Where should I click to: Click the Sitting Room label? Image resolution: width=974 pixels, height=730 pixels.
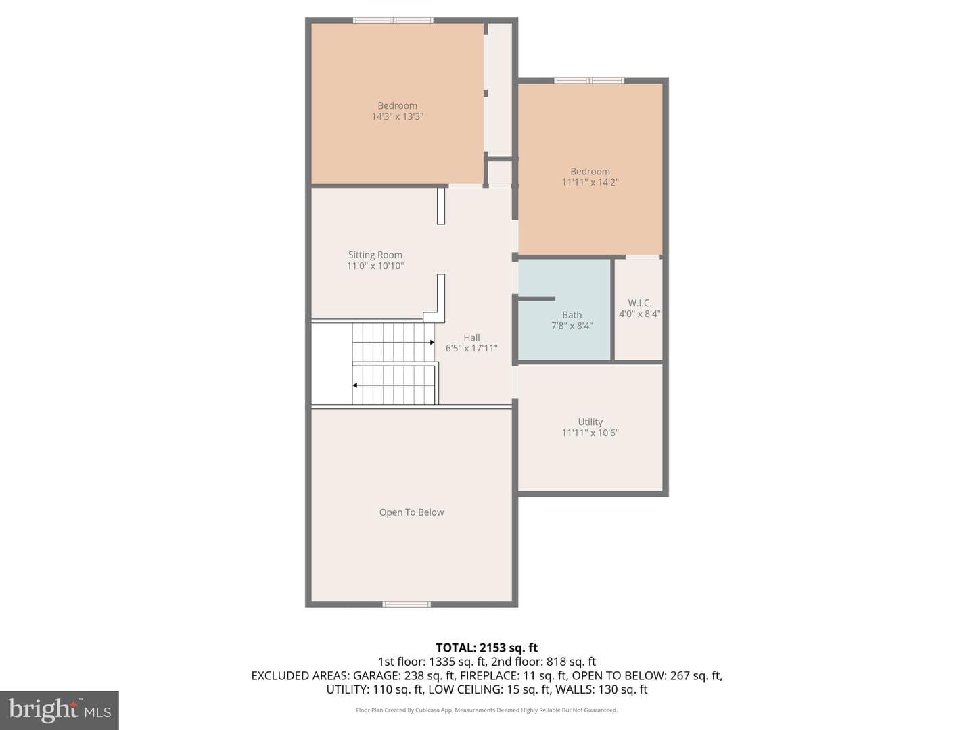tap(375, 255)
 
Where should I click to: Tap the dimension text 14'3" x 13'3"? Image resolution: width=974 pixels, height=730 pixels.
tap(397, 116)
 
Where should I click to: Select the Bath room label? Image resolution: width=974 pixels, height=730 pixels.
tap(572, 315)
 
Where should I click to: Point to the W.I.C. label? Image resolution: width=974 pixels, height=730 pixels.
tap(639, 303)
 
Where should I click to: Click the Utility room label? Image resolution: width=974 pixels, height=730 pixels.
tap(590, 422)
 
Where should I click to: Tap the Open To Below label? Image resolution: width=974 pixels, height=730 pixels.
tap(411, 512)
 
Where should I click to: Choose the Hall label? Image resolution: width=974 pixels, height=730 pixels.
tap(471, 337)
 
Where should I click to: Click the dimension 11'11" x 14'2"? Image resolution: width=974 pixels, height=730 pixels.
tap(590, 182)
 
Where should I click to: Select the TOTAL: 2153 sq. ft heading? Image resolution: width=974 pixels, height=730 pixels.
tap(487, 648)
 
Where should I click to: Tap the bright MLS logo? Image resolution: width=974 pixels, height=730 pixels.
tap(60, 710)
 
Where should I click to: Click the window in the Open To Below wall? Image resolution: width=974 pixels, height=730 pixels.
tap(407, 604)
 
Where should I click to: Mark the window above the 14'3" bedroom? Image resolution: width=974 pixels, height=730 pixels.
tap(393, 20)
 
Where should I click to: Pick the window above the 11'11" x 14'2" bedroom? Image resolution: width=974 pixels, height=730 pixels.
tap(589, 80)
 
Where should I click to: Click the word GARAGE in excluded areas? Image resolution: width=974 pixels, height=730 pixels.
tap(376, 675)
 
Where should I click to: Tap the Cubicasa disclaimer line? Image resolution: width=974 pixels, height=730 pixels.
tap(487, 710)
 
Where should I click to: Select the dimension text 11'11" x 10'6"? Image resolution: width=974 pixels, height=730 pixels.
tap(590, 433)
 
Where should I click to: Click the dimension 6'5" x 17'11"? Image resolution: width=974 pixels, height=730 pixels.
tap(471, 348)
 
